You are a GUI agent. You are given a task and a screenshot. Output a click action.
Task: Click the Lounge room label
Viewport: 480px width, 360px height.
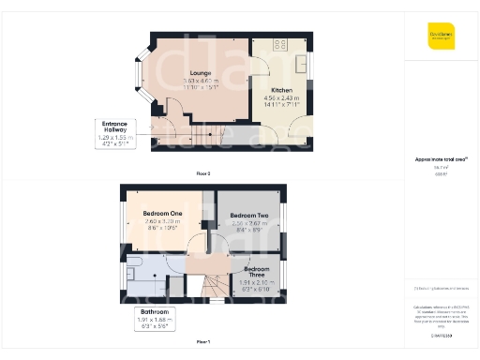point(198,73)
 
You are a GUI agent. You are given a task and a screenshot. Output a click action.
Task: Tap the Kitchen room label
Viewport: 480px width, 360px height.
point(281,90)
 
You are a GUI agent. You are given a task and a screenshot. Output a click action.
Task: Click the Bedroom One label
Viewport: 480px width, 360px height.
point(162,214)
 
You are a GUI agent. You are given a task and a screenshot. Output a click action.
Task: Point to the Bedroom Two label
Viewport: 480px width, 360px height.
point(249,216)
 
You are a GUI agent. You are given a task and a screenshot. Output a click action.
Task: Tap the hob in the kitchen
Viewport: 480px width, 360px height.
point(279,44)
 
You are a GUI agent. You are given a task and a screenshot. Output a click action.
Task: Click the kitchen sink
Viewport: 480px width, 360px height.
point(304,64)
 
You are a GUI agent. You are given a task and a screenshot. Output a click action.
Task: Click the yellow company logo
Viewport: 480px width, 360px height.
point(442,36)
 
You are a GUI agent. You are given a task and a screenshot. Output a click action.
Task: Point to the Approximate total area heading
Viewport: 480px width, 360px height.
point(442,161)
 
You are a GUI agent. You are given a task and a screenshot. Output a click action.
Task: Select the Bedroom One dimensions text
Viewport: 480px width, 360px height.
point(162,223)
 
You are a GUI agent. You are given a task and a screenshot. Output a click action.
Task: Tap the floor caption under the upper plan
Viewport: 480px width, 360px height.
point(203,343)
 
